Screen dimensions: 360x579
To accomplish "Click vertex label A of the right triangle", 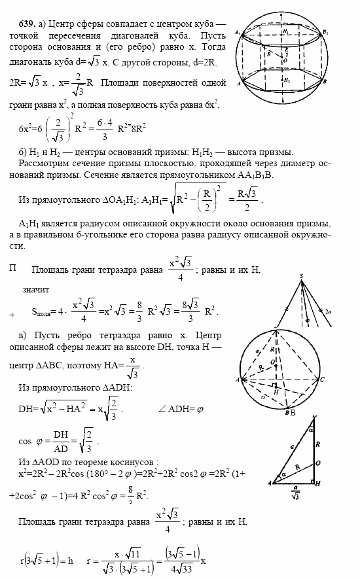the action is (x=270, y=483).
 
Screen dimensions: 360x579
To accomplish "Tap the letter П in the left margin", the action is (x=13, y=268).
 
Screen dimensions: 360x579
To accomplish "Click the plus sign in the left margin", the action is (x=12, y=315).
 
